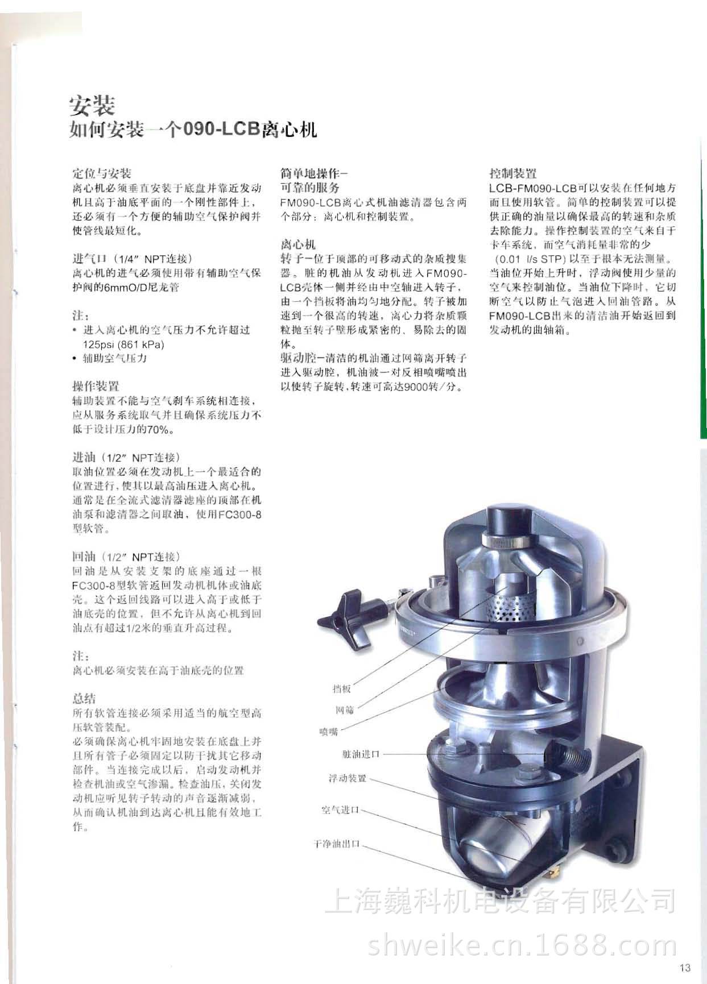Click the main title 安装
tap(92, 105)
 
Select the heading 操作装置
tap(96, 386)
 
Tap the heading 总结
tap(84, 699)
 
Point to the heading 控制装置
tap(512, 173)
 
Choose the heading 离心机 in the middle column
tap(297, 244)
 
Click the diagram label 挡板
tap(341, 689)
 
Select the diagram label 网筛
tap(344, 710)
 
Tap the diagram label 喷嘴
tap(329, 731)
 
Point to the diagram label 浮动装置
tap(347, 778)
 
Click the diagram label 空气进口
tap(340, 809)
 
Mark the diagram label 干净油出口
tap(337, 844)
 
